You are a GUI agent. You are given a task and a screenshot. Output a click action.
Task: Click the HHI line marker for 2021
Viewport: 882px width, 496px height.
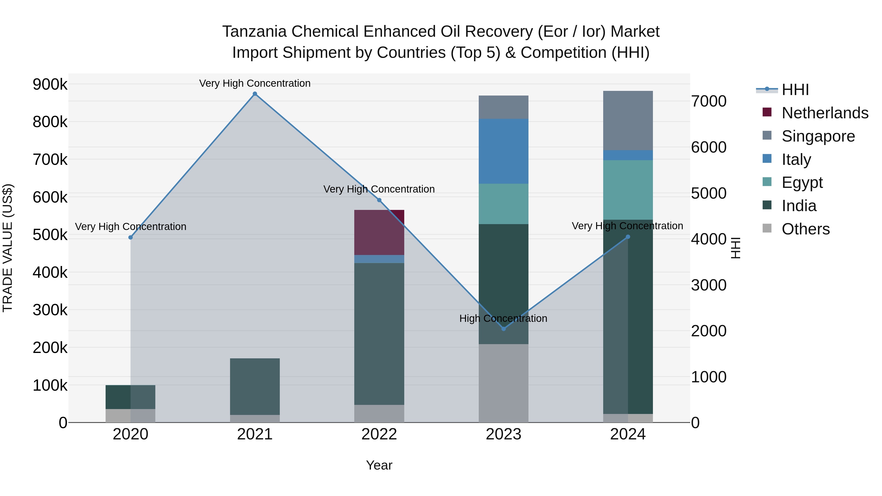(x=255, y=94)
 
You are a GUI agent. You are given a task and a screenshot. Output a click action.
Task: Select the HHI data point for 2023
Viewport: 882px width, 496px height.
(x=503, y=329)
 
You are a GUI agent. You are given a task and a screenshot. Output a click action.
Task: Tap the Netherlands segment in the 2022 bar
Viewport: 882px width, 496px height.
(x=379, y=233)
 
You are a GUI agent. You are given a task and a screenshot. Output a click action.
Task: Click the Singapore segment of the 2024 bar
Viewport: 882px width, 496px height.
(x=628, y=121)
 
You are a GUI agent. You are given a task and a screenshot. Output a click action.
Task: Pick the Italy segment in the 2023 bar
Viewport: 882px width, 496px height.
(x=503, y=151)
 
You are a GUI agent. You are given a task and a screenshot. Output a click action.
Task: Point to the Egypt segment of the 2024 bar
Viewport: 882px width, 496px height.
(x=628, y=190)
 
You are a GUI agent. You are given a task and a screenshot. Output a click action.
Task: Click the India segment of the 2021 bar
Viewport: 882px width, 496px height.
(x=255, y=387)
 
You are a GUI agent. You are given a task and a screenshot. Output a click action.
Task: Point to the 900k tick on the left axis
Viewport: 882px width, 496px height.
(x=50, y=84)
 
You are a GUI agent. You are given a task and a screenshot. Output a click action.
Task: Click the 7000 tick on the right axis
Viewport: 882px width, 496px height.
(x=708, y=101)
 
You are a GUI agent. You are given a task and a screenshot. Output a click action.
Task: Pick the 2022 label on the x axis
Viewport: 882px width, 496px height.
(x=379, y=434)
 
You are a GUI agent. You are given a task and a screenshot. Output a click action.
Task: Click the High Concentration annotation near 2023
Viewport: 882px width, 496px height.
(x=503, y=318)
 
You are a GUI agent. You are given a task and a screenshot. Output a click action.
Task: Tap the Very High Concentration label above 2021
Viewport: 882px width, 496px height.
(x=255, y=83)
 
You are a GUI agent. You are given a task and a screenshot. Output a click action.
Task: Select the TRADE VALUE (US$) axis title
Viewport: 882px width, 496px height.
(x=8, y=248)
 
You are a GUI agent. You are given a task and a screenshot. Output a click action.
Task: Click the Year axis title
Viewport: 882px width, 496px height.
(x=379, y=465)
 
